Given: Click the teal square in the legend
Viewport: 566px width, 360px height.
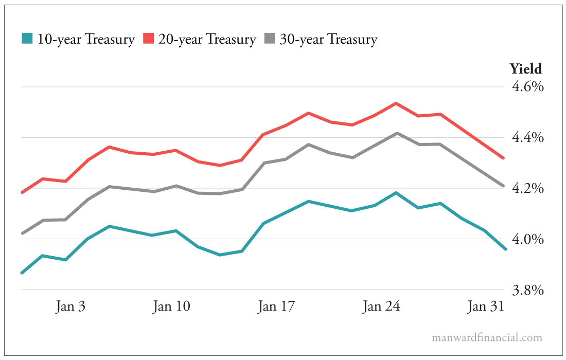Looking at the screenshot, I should click(x=27, y=39).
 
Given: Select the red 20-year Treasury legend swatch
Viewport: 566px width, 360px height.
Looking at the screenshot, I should click(x=148, y=39).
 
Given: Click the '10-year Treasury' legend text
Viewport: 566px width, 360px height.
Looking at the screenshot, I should click(x=86, y=40).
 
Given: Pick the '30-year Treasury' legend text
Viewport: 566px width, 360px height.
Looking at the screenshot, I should click(x=328, y=40).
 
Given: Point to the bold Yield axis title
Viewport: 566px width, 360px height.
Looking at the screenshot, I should click(x=525, y=68).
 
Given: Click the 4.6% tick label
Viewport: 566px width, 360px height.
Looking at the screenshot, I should click(x=527, y=86).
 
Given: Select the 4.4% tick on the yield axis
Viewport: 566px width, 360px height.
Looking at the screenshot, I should click(x=527, y=137).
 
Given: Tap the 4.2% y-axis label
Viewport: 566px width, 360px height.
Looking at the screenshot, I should click(x=527, y=188).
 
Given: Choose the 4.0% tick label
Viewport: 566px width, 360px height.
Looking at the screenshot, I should click(x=527, y=239).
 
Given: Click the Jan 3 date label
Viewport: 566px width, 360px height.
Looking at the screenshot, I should click(x=70, y=307).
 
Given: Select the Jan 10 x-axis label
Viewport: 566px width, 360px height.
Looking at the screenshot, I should click(x=171, y=307).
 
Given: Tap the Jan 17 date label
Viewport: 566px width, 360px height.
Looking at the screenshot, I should click(x=276, y=307).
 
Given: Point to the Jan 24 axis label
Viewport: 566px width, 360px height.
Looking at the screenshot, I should click(x=381, y=307).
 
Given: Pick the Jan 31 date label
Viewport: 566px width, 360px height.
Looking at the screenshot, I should click(x=484, y=307).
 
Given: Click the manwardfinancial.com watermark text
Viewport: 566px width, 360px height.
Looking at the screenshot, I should click(x=487, y=338).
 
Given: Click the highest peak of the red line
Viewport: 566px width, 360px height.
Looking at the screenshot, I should click(x=396, y=103).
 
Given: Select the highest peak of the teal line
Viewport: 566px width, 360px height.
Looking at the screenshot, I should click(x=396, y=193).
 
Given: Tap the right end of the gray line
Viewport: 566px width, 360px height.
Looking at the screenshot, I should click(x=504, y=186).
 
